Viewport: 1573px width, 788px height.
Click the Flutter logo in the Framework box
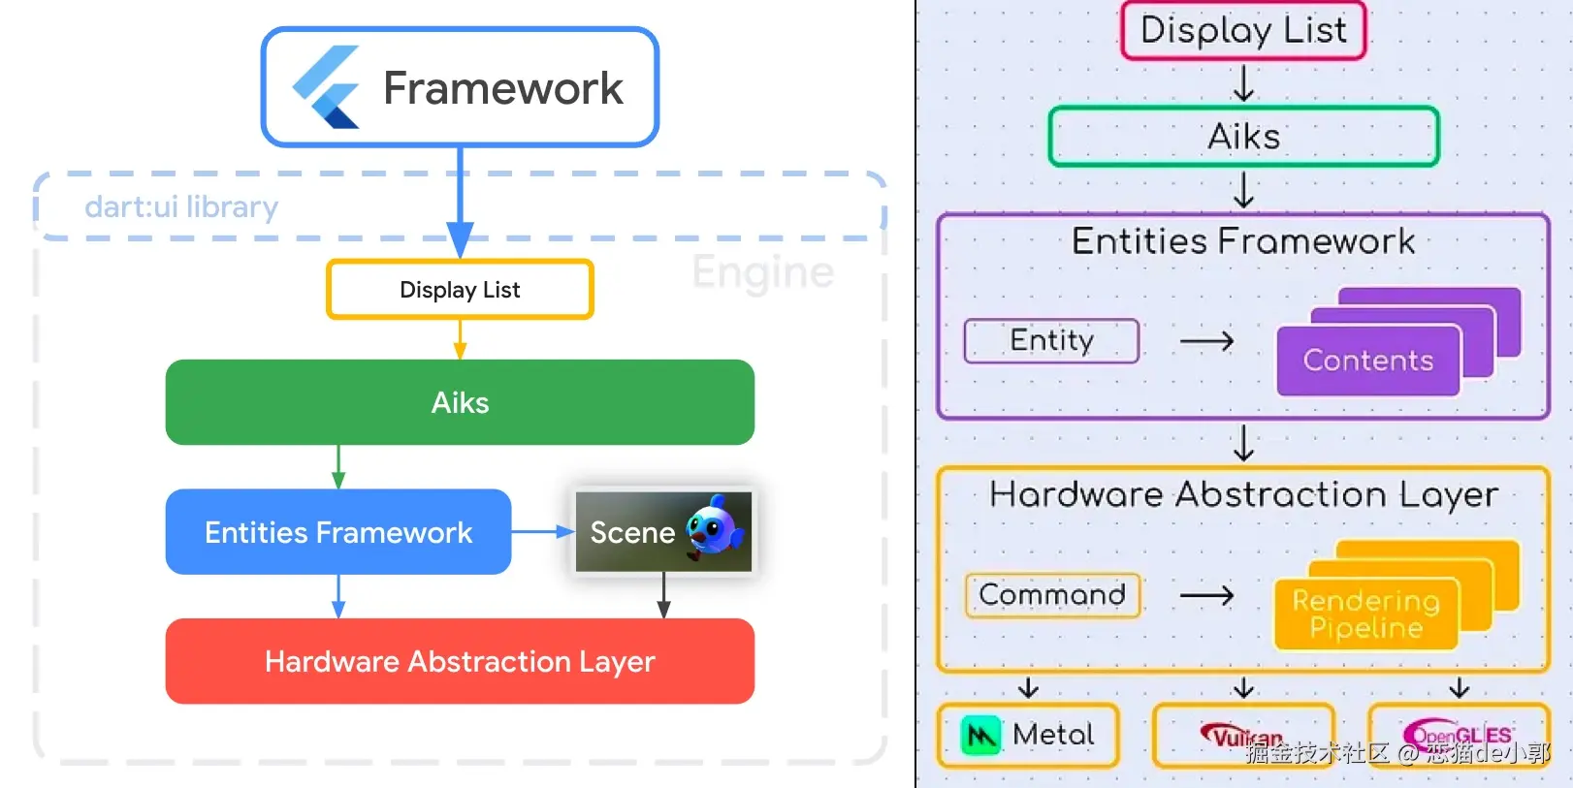pos(327,87)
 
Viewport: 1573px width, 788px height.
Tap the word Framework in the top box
pos(502,88)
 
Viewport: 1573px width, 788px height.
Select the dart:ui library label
pos(181,206)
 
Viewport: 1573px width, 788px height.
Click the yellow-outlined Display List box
pos(460,289)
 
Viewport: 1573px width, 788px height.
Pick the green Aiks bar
pos(460,402)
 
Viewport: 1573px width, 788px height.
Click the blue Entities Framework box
pos(338,532)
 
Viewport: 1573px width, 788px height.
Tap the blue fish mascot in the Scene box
pos(715,528)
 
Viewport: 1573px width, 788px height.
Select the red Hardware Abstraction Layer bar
pos(460,661)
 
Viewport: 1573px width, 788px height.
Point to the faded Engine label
pos(762,272)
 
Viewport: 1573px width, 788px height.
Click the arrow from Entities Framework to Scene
pos(543,531)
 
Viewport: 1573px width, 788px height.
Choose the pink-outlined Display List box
pos(1243,30)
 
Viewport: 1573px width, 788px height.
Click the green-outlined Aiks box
pos(1243,137)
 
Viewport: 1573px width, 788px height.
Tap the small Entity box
pos(1051,340)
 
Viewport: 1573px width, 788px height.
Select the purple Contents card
pos(1367,361)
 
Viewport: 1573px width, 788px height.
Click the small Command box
pos(1052,594)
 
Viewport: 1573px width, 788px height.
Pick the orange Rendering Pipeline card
pos(1365,614)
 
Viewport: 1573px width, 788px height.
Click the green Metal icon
pos(980,736)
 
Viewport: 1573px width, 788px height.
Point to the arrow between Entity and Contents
pos(1206,341)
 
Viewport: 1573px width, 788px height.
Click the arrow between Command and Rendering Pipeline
pos(1206,595)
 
